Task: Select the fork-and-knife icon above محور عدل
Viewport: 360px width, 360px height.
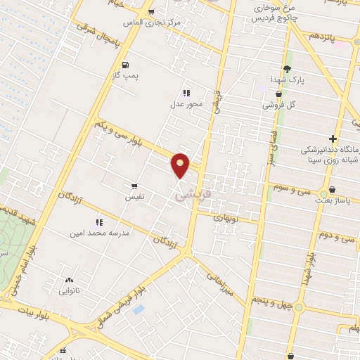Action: (x=186, y=92)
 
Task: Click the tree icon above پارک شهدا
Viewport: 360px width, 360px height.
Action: (x=287, y=69)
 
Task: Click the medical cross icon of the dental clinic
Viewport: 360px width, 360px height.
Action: (x=333, y=139)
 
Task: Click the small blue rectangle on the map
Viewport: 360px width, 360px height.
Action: (x=139, y=309)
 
